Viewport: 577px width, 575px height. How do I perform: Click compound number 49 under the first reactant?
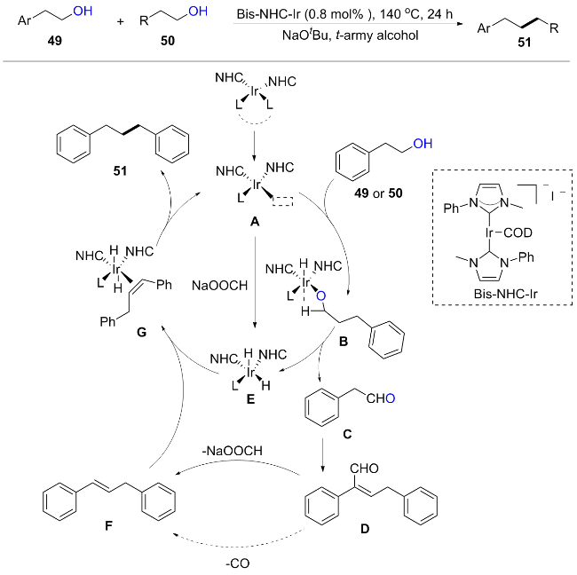54,41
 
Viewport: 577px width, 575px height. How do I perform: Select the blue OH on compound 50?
198,12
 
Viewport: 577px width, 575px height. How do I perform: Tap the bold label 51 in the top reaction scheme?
524,43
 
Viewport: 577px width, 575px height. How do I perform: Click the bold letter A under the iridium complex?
255,222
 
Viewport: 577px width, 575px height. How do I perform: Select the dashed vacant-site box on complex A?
282,201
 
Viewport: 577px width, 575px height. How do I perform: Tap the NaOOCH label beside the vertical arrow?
219,286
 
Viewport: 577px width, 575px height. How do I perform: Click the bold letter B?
344,342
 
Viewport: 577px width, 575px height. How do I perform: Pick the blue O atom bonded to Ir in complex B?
320,295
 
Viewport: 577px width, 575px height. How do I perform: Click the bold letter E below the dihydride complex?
250,398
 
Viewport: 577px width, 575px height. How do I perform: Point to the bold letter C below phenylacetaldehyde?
347,434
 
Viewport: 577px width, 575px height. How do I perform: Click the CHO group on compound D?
364,469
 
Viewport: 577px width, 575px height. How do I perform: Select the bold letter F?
108,525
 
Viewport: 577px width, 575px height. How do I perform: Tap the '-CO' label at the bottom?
237,563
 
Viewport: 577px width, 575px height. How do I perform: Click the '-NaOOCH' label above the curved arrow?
233,451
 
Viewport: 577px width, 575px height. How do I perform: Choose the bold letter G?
141,332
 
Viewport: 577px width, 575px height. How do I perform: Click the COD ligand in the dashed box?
518,232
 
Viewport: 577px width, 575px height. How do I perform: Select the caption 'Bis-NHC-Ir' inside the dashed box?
506,294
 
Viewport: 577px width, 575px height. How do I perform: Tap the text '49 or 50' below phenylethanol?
378,193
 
